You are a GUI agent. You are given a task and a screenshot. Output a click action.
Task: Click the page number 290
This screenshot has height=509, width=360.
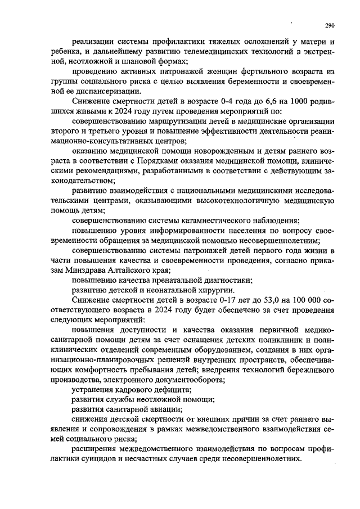click(x=330, y=25)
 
